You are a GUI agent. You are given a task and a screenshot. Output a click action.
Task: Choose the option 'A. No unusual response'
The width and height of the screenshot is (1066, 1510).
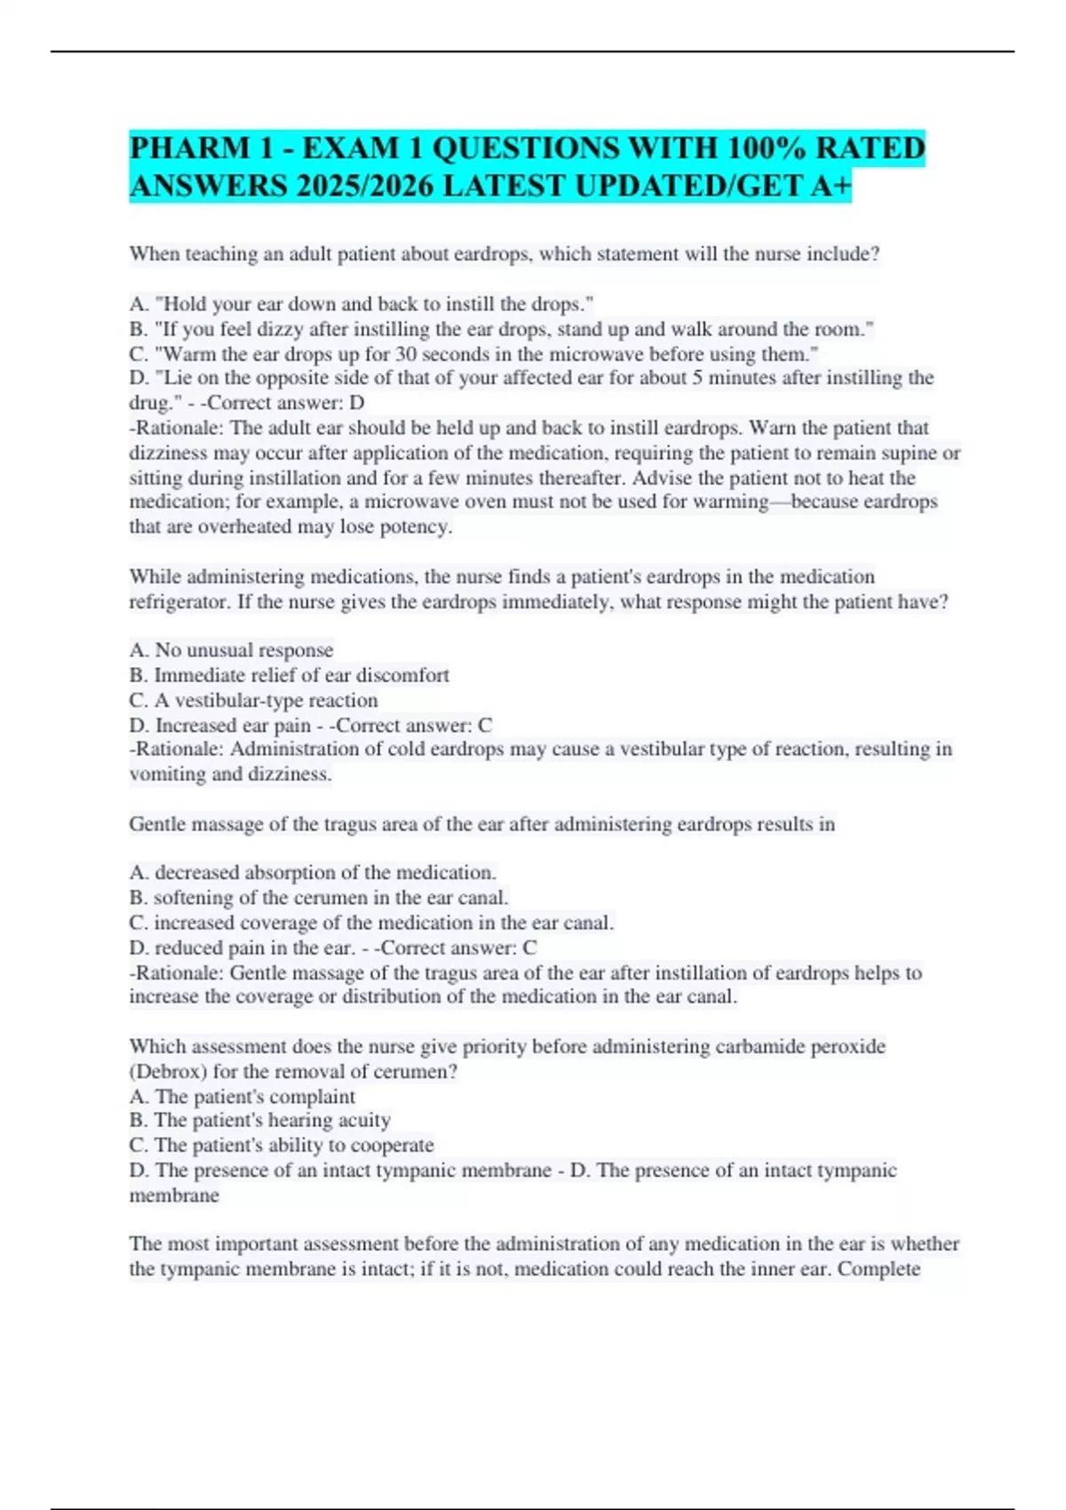click(231, 650)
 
